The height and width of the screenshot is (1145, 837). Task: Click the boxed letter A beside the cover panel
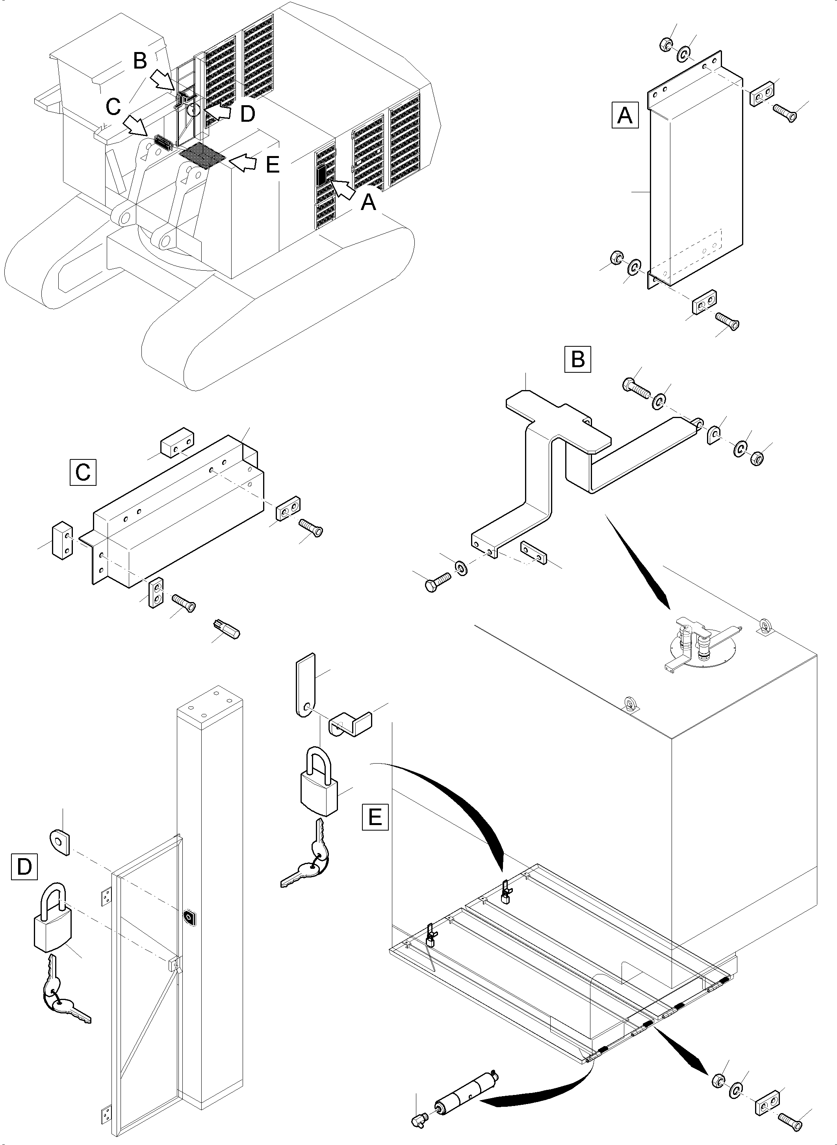point(625,115)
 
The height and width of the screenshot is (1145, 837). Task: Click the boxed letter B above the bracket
point(577,359)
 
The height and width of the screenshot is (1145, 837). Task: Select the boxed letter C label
point(83,472)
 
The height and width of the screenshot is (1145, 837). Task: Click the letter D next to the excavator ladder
point(247,115)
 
